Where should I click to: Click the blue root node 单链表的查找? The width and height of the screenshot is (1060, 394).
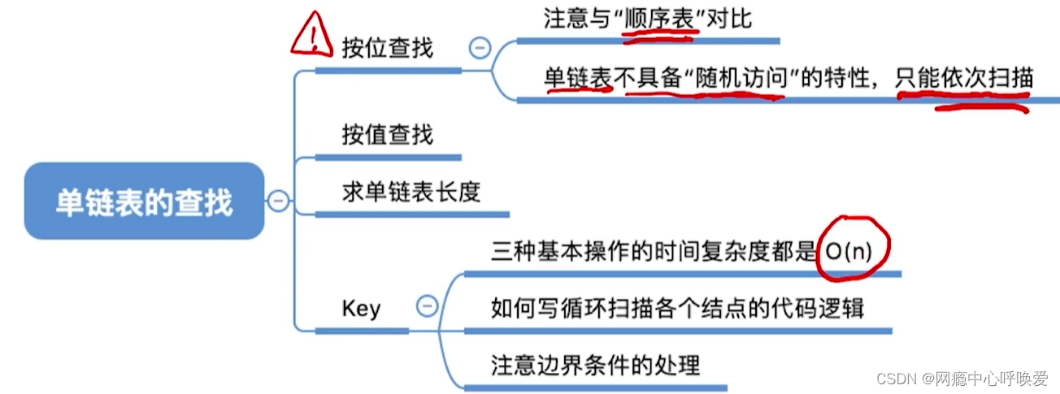click(x=144, y=201)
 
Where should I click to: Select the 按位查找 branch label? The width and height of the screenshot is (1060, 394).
click(x=388, y=47)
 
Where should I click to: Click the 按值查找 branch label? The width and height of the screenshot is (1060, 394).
click(x=388, y=134)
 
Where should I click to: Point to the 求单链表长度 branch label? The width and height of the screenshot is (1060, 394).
click(x=411, y=192)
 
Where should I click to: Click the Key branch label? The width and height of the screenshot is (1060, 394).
click(x=361, y=309)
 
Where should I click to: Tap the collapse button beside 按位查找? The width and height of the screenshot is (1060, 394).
click(x=480, y=49)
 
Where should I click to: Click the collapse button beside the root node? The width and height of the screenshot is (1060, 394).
click(x=278, y=201)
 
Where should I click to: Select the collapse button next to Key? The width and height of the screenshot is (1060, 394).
click(x=426, y=306)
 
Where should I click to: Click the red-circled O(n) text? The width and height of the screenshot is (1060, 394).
click(x=848, y=251)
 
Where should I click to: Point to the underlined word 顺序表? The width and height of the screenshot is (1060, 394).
click(x=658, y=19)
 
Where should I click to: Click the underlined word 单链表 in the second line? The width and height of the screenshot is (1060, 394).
click(x=578, y=78)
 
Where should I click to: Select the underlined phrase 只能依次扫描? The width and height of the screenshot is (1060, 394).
click(x=964, y=79)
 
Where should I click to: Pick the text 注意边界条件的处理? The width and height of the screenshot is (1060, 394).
click(x=596, y=365)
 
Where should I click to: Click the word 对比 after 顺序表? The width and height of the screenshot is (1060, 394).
click(x=729, y=19)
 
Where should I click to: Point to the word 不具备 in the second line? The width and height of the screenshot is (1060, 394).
click(x=648, y=79)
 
